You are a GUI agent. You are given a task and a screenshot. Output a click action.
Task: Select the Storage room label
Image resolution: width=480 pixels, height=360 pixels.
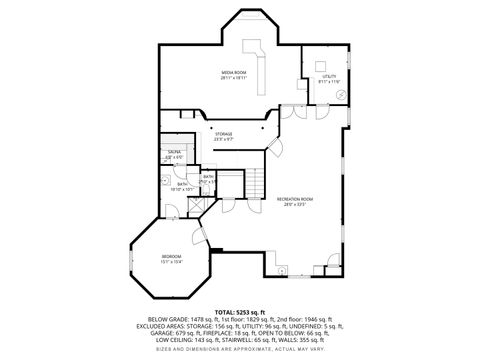point(223,133)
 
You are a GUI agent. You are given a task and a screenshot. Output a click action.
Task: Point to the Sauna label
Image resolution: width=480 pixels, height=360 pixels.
point(173,152)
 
